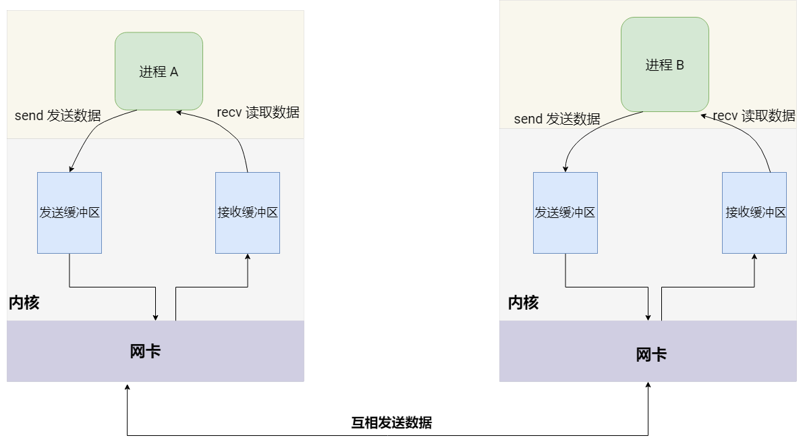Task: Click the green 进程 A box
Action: (159, 71)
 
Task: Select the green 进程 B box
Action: (665, 65)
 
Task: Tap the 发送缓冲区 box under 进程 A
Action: (70, 213)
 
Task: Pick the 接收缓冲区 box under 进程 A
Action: (248, 213)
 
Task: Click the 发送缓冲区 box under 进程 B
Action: (565, 213)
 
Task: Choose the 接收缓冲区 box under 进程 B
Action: (754, 213)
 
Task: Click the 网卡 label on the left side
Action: (145, 351)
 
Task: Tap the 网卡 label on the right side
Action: (651, 354)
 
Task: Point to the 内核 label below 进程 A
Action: (24, 302)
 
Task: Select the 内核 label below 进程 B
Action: (524, 302)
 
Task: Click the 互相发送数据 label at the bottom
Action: (391, 423)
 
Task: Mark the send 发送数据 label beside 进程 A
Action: (58, 115)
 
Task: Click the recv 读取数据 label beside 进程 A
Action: (258, 113)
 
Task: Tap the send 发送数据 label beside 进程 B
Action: (557, 119)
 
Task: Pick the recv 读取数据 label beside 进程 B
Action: (754, 116)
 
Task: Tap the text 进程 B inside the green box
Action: (665, 65)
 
